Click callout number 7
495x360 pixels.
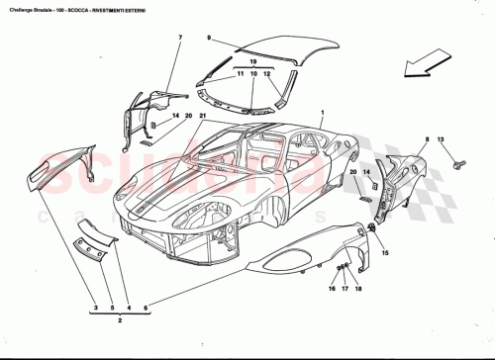(x=180, y=38)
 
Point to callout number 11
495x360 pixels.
(x=239, y=74)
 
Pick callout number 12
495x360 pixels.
(x=266, y=74)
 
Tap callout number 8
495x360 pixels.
(x=426, y=140)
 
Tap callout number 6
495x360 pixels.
(x=146, y=310)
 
